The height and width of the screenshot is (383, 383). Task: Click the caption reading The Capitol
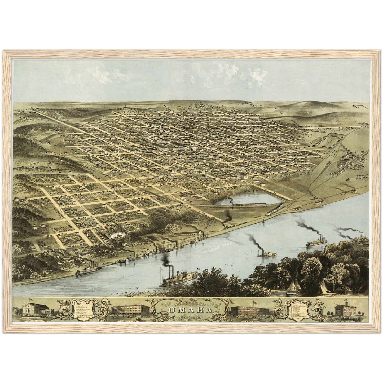(x=344, y=321)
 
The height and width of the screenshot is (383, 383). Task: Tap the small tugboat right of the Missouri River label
(x=266, y=254)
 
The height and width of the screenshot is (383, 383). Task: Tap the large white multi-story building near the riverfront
(x=114, y=234)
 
